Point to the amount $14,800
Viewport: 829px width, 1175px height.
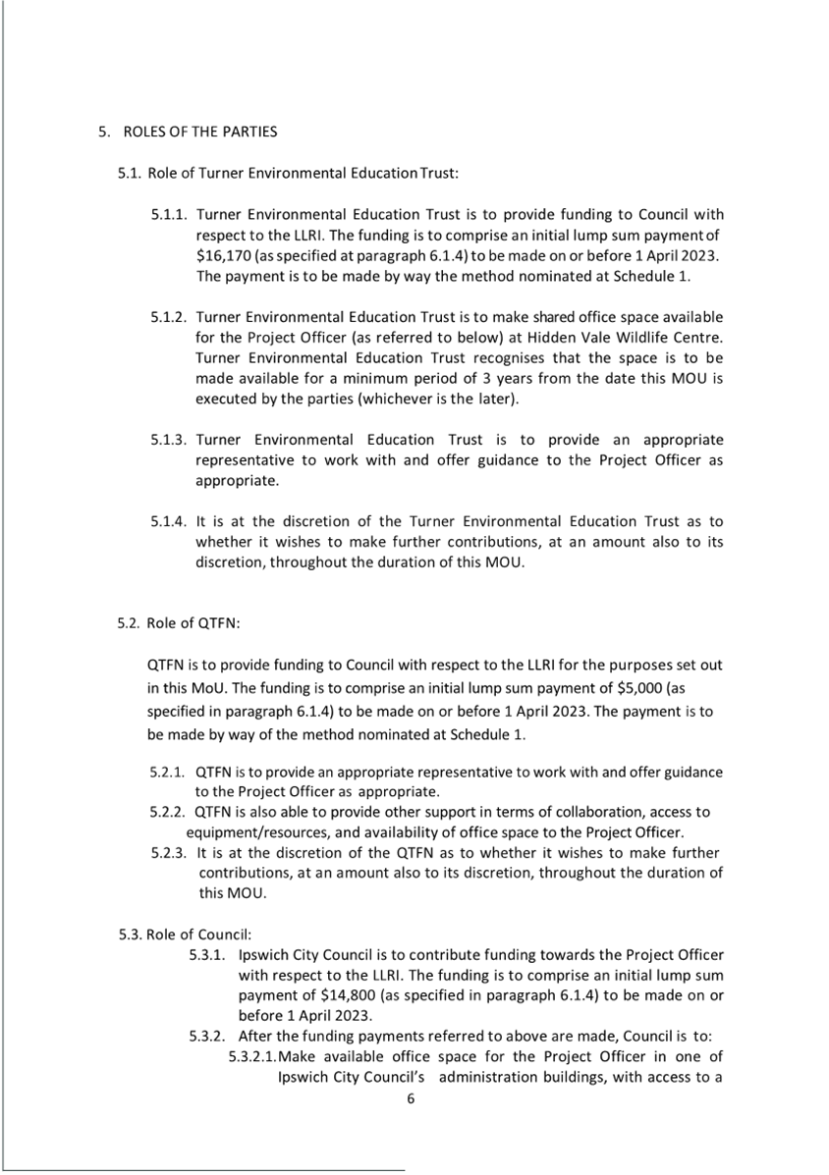pyautogui.click(x=351, y=994)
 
